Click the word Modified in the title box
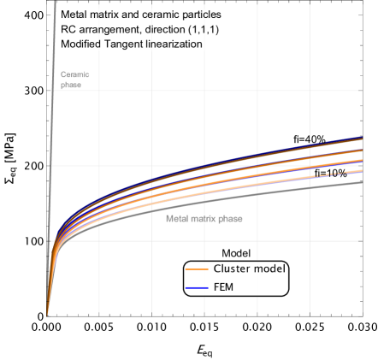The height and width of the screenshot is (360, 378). [81, 44]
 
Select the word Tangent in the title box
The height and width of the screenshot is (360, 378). [126, 44]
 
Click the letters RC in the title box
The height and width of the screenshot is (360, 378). [68, 29]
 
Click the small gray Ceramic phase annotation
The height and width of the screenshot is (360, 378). [74, 80]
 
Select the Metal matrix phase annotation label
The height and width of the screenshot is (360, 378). [204, 219]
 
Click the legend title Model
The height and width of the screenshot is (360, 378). [235, 253]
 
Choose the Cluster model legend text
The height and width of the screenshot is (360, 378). [249, 269]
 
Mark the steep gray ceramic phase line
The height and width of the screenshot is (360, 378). [52, 171]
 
